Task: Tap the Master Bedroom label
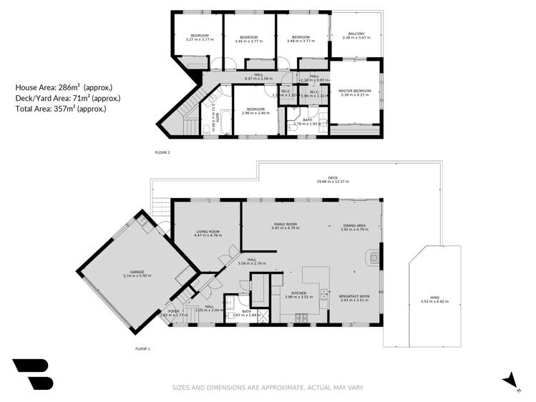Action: coord(355,91)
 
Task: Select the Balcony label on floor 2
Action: coord(356,34)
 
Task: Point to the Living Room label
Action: coord(208,232)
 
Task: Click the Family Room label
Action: coord(285,225)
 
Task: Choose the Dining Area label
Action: coord(354,225)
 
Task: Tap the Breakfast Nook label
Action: coord(354,297)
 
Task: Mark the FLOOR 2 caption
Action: coord(162,152)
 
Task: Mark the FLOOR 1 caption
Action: coord(142,348)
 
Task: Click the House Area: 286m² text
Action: coord(62,87)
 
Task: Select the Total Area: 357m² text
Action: coord(60,109)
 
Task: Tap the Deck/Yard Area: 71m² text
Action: coord(67,98)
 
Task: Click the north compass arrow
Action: coord(510,379)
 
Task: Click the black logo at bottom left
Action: coord(32,373)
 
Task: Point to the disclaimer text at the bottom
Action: coord(268,388)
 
